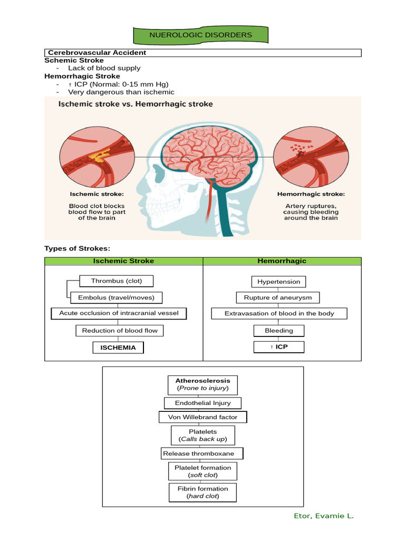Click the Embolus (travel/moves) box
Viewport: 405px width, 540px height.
point(116,297)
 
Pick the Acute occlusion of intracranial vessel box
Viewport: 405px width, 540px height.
point(119,313)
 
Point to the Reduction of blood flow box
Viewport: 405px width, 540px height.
point(120,331)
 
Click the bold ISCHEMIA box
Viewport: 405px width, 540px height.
point(118,348)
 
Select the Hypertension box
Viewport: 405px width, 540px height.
point(278,282)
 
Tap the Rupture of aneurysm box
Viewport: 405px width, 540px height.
point(278,297)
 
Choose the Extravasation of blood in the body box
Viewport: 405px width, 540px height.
point(279,313)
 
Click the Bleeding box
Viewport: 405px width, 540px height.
point(278,331)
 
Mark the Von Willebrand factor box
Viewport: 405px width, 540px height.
point(202,417)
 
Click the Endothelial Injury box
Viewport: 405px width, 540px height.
point(202,403)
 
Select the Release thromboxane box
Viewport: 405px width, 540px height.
point(202,454)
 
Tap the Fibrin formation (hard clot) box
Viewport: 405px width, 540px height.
point(202,493)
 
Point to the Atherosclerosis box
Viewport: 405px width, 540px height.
point(202,384)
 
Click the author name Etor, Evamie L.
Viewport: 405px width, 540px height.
point(323,516)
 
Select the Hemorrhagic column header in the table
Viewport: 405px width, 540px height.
point(282,261)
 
